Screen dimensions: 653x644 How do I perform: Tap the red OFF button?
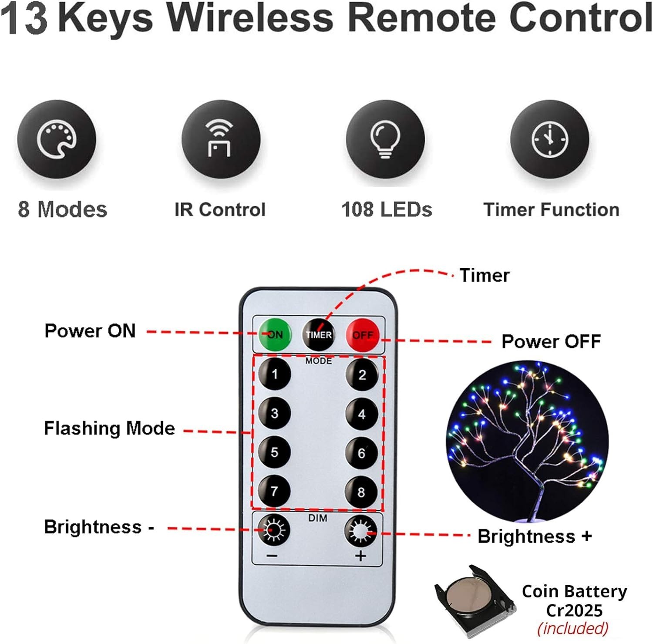363,334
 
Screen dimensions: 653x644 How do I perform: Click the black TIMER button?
319,334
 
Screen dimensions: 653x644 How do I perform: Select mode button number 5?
274,452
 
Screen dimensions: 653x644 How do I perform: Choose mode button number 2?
362,375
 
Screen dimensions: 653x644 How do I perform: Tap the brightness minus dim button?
274,529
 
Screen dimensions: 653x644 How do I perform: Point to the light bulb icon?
385,139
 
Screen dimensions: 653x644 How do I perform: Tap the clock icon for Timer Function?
550,139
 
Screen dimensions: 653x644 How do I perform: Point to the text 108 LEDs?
387,209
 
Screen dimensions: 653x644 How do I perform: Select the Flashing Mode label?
110,428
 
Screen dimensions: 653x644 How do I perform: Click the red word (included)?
573,628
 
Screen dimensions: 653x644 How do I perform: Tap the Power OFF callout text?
551,341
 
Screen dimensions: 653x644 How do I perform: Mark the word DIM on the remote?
318,518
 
